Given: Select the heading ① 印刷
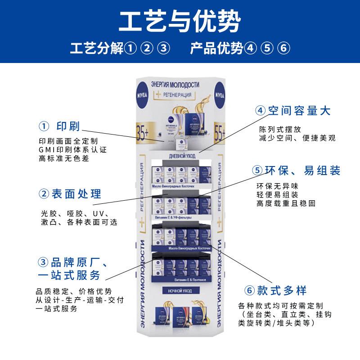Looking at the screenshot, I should tap(59, 126).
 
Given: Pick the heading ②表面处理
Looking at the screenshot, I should tap(69, 194).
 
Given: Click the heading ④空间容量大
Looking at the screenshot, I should tap(292, 111).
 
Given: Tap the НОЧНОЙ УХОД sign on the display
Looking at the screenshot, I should tap(180, 291).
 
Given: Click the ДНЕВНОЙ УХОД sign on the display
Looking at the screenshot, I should tap(180, 155).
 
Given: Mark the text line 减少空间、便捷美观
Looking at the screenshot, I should tap(297, 138).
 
